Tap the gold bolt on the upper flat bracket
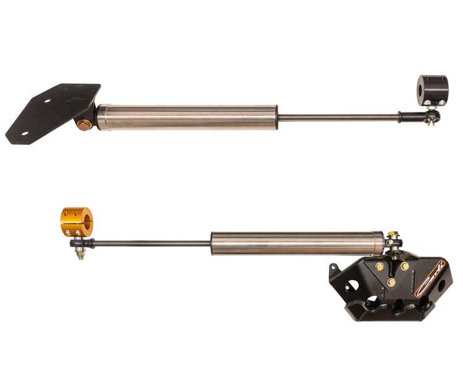click(84, 124)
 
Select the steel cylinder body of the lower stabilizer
click(297, 243)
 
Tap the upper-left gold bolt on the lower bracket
click(378, 266)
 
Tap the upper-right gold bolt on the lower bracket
click(404, 266)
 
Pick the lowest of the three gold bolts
click(391, 282)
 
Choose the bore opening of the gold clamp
click(86, 222)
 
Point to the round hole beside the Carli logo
click(441, 286)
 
